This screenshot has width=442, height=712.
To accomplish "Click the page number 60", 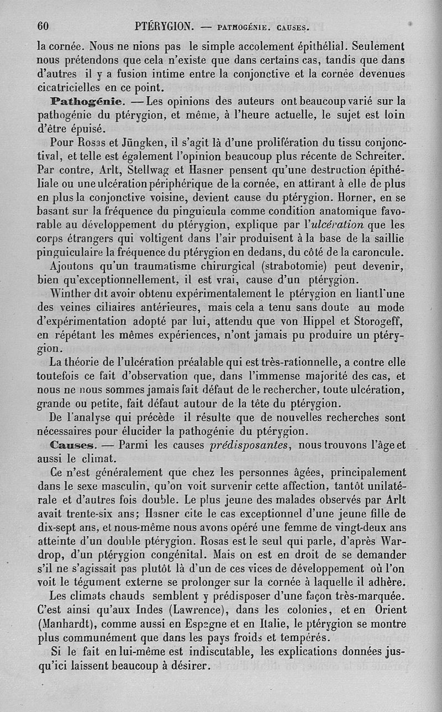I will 44,26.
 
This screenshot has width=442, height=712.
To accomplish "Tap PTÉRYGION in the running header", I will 163,26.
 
